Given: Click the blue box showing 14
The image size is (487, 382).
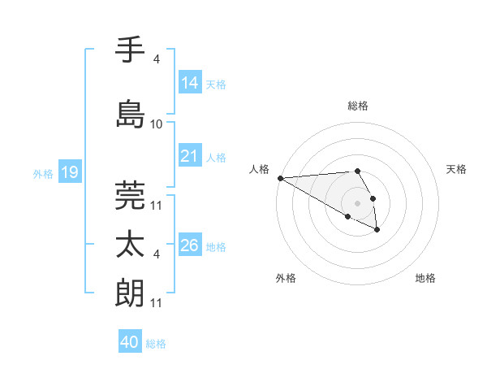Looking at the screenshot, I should (x=189, y=83).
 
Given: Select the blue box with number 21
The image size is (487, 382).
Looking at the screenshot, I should (x=189, y=156).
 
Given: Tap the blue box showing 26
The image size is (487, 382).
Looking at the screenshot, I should (x=189, y=245).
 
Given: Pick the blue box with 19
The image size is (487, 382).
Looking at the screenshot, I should (x=69, y=172).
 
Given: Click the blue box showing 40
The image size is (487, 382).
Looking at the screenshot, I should (x=130, y=343).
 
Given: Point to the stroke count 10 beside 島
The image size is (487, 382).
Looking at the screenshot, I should (x=157, y=124).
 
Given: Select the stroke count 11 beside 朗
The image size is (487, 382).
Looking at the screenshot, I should (x=157, y=303).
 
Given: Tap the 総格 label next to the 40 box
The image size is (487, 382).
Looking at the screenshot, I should (x=156, y=344).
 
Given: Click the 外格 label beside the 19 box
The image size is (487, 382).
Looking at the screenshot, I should (x=43, y=173).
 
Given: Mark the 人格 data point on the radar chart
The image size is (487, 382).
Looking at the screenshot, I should (x=280, y=178).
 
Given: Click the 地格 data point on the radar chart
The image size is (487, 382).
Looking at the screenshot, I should (x=377, y=230).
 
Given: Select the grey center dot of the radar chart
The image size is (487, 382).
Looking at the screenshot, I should (x=358, y=202).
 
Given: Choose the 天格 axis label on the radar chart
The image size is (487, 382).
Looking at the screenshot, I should (x=457, y=169).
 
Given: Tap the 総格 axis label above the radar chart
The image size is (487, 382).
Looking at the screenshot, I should (x=358, y=106).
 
